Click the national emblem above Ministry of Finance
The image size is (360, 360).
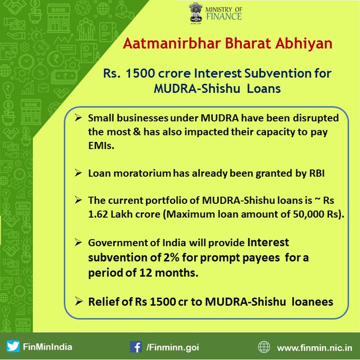196,13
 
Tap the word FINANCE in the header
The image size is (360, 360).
224,16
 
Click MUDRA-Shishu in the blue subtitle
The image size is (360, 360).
197,88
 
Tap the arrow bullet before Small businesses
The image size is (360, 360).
78,118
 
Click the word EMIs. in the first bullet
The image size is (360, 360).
101,146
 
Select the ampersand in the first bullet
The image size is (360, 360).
137,132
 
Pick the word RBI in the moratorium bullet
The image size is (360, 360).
317,173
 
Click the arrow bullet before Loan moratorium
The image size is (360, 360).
78,173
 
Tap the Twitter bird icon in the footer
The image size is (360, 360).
13,346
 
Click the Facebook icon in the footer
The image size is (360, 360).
136,347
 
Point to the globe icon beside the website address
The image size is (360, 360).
264,347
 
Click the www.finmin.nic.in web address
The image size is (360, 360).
314,348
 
